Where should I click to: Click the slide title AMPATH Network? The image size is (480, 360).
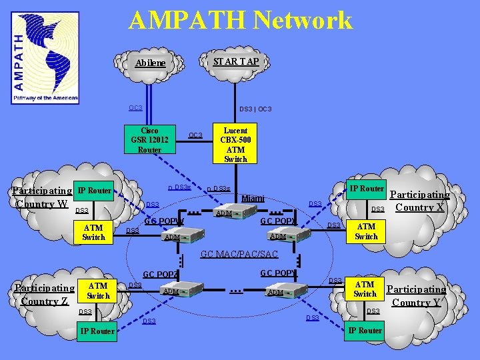pyautogui.click(x=240, y=20)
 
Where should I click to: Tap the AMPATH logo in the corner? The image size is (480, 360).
pyautogui.click(x=45, y=58)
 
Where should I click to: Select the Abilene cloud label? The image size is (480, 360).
pyautogui.click(x=150, y=63)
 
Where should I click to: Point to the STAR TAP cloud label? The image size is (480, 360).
pyautogui.click(x=236, y=61)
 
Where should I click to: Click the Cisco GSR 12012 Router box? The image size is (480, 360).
pyautogui.click(x=150, y=140)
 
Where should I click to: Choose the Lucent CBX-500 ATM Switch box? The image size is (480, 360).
pyautogui.click(x=235, y=145)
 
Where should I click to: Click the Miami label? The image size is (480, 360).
pyautogui.click(x=253, y=198)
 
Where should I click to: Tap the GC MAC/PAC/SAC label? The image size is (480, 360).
pyautogui.click(x=240, y=254)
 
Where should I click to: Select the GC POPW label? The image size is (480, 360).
pyautogui.click(x=164, y=221)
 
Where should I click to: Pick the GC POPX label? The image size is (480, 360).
pyautogui.click(x=278, y=221)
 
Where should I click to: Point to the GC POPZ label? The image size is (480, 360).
pyautogui.click(x=161, y=275)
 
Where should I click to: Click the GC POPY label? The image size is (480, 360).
pyautogui.click(x=277, y=273)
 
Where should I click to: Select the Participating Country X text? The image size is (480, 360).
pyautogui.click(x=419, y=201)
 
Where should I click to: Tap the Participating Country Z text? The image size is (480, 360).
pyautogui.click(x=44, y=295)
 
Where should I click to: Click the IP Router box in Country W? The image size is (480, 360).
pyautogui.click(x=93, y=191)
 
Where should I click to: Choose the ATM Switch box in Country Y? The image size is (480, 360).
pyautogui.click(x=365, y=289)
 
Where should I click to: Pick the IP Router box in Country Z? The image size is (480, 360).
pyautogui.click(x=97, y=331)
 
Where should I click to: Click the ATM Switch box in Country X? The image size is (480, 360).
pyautogui.click(x=366, y=231)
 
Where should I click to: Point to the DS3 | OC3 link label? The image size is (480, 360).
pyautogui.click(x=255, y=109)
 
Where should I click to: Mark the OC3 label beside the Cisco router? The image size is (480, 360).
pyautogui.click(x=195, y=135)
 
